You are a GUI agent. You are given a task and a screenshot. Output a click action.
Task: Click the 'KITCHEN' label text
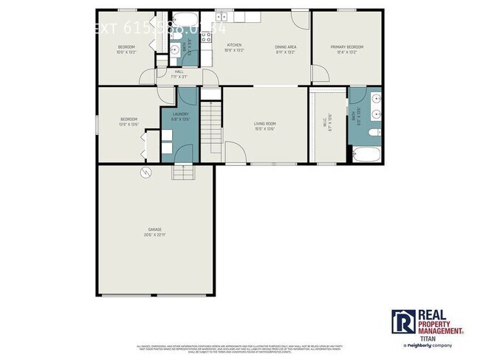click(x=233, y=46)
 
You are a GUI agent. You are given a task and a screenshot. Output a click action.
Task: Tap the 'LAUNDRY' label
click(x=180, y=114)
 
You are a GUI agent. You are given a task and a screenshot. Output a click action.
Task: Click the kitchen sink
click(x=220, y=17)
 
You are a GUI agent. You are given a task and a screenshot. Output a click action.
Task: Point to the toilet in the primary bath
click(x=374, y=131)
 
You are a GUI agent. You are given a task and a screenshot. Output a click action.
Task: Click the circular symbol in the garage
click(x=145, y=172)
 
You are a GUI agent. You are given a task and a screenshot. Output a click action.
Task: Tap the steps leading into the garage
click(x=182, y=172)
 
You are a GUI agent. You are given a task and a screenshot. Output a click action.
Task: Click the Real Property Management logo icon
click(x=402, y=322)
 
